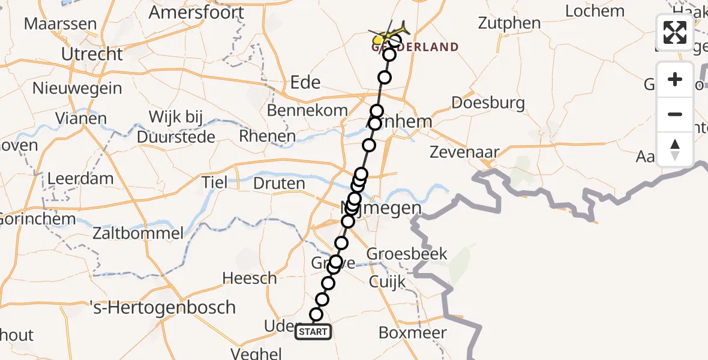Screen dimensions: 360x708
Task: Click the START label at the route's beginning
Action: click(x=313, y=332)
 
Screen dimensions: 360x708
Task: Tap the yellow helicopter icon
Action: click(x=389, y=31)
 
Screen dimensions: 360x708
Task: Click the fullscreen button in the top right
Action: click(x=675, y=32)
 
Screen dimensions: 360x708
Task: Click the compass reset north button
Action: click(x=675, y=149)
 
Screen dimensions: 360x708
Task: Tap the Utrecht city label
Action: click(x=92, y=54)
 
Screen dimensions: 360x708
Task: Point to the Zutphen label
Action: click(x=509, y=23)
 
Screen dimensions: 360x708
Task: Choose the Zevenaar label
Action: click(x=464, y=152)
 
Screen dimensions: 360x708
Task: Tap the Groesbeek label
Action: click(x=407, y=253)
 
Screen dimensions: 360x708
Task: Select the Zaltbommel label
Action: click(x=139, y=233)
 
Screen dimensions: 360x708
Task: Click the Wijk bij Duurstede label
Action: click(x=176, y=127)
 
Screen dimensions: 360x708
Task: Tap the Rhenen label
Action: click(x=267, y=136)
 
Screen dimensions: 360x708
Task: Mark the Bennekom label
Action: click(x=307, y=110)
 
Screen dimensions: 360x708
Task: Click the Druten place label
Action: click(x=279, y=183)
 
